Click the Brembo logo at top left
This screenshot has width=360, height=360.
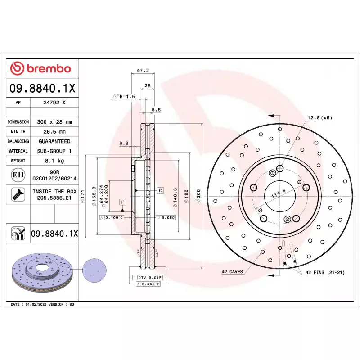point(40,68)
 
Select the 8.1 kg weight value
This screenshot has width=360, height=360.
point(54,161)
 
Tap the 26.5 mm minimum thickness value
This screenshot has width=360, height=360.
point(54,132)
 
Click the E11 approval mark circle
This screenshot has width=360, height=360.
point(18,175)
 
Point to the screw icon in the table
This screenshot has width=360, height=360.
point(18,194)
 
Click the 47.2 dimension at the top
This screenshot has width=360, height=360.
point(143,71)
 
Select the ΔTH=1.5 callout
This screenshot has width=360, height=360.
point(123,97)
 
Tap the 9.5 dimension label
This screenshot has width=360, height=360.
point(156,110)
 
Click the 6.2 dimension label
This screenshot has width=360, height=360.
point(124,143)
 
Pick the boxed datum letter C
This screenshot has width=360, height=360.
point(160,190)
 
